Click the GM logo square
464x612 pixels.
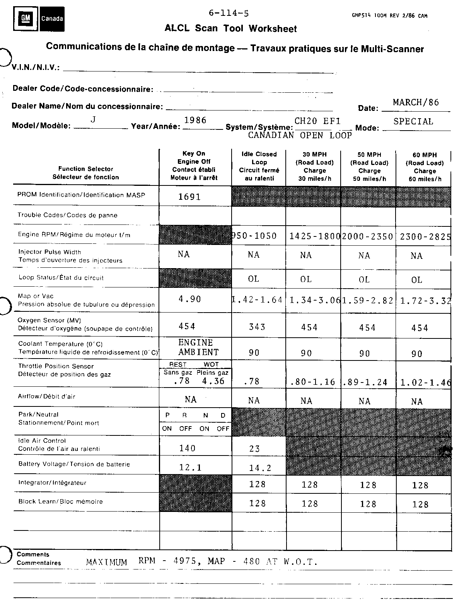(26, 18)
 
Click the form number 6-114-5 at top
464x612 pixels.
(229, 13)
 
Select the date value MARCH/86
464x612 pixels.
(416, 102)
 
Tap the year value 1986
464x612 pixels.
(195, 120)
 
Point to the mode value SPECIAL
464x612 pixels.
(413, 121)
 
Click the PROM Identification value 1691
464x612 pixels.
(189, 197)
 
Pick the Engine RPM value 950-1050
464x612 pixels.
(254, 236)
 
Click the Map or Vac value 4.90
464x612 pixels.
(189, 299)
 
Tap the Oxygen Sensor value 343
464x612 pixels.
(257, 327)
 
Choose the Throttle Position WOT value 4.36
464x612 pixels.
(213, 381)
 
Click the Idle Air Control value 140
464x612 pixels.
(188, 448)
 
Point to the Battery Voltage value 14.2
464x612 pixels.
(260, 468)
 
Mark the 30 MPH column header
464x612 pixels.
(314, 166)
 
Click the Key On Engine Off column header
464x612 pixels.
(194, 165)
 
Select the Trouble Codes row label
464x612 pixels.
(67, 215)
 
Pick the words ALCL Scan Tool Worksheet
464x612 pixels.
(230, 29)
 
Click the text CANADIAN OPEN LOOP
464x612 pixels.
(300, 135)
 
